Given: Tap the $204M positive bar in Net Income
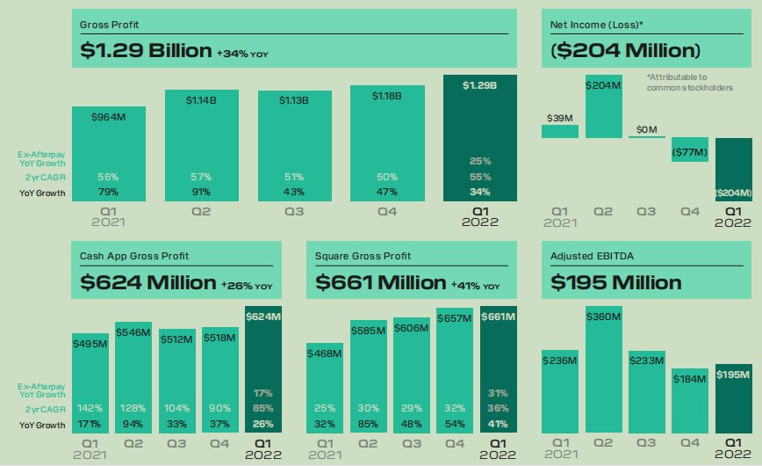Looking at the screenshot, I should click(603, 110).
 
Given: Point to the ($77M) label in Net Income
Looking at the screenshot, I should click(690, 152).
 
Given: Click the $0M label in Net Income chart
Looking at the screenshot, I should click(646, 130).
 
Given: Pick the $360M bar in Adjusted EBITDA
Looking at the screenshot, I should click(603, 369).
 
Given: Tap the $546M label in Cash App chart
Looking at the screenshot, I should click(134, 334).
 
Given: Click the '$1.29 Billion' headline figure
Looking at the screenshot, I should click(146, 50).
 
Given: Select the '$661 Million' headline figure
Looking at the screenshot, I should click(381, 282).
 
